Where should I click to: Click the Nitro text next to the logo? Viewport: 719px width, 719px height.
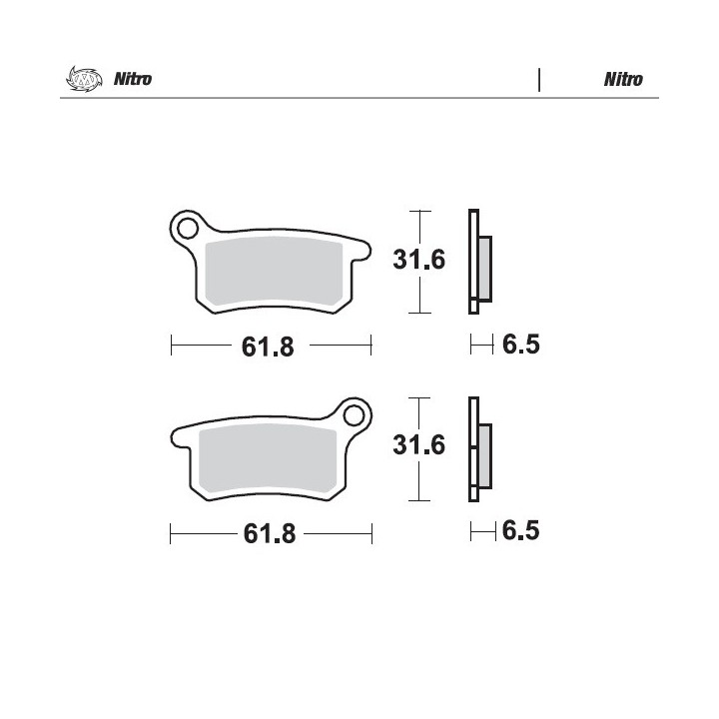(133, 79)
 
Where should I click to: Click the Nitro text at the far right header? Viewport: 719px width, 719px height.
(623, 79)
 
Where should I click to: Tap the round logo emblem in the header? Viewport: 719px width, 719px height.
(84, 79)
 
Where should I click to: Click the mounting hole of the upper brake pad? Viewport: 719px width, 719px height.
(188, 229)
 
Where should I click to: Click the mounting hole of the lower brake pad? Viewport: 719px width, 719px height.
(354, 415)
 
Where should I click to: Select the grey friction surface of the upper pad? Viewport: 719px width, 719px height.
(274, 272)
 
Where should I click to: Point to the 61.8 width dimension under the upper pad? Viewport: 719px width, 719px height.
(268, 347)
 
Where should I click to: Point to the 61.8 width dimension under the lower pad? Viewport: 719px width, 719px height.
(270, 533)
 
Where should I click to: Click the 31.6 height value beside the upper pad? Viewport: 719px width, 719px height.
(419, 260)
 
